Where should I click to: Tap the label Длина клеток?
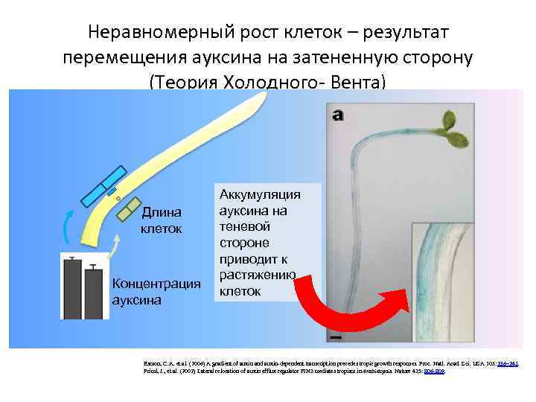(x=162, y=221)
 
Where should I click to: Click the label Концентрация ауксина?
(x=156, y=291)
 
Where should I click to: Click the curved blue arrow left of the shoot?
(x=68, y=226)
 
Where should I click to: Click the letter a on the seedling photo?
(x=337, y=115)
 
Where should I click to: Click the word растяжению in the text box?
(x=258, y=275)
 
